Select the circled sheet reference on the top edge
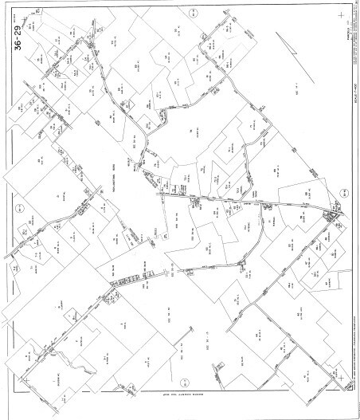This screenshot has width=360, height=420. point(193,14)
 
